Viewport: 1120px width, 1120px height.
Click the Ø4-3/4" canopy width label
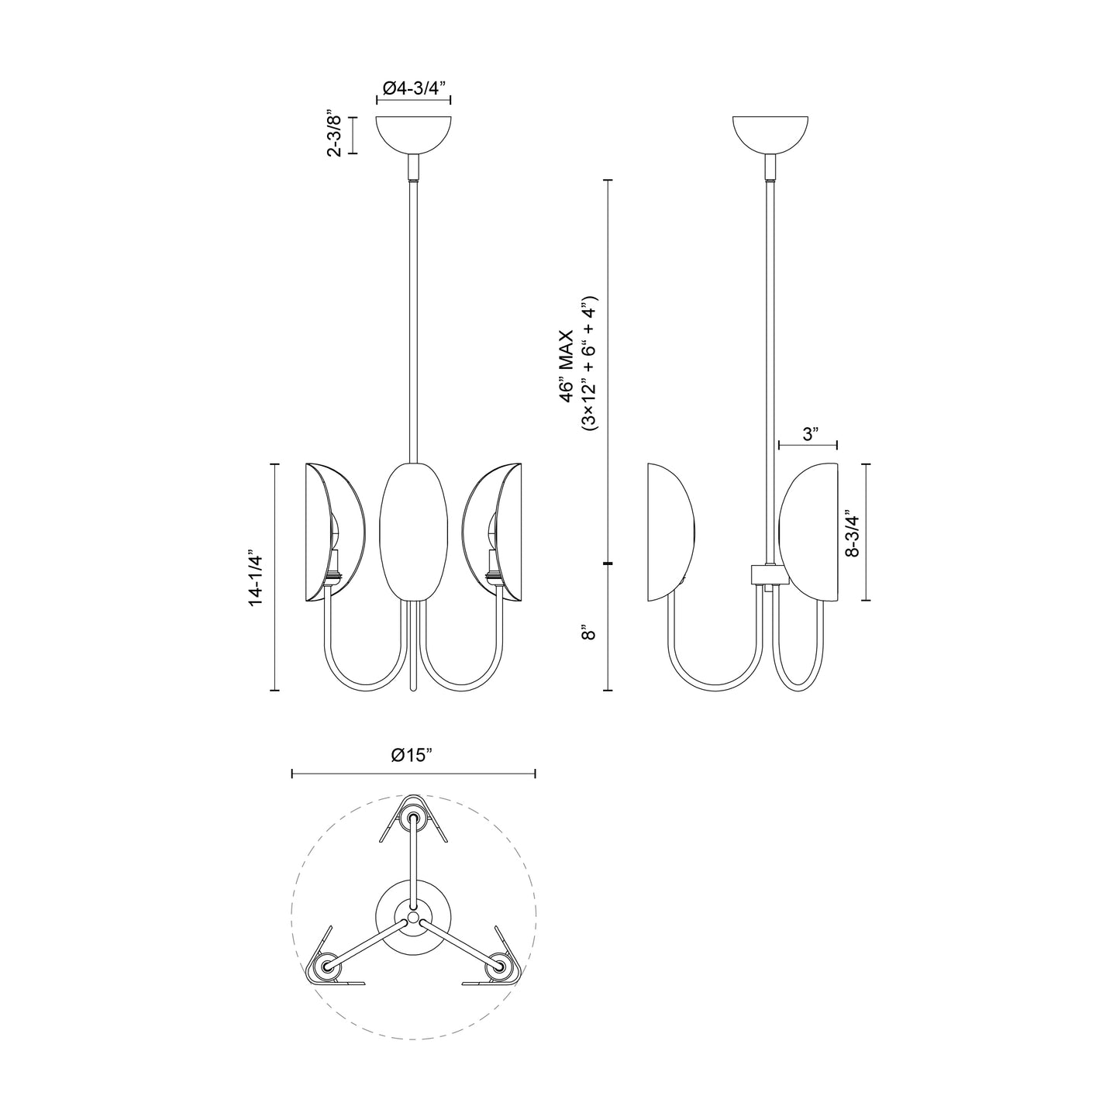[414, 88]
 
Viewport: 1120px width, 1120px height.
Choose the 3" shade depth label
[811, 434]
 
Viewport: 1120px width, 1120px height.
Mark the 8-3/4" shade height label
[853, 533]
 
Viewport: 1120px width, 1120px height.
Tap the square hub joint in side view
[769, 574]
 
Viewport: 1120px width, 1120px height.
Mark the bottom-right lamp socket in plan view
[498, 967]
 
